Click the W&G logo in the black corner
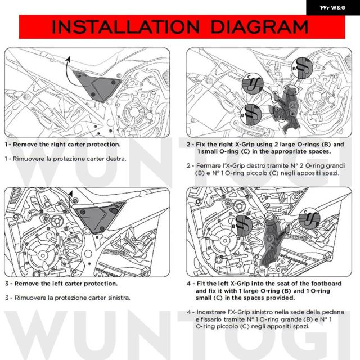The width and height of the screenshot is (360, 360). tap(332, 7)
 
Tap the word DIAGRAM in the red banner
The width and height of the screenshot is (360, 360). tap(259, 27)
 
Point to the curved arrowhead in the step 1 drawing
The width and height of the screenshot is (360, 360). tap(68, 59)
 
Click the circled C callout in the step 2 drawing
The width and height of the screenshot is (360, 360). tap(253, 83)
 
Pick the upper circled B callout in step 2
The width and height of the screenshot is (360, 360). tap(302, 67)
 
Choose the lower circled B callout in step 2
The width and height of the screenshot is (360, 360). tap(251, 114)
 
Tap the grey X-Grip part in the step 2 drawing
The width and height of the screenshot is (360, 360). tap(286, 109)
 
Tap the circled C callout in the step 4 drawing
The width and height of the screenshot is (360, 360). tap(309, 218)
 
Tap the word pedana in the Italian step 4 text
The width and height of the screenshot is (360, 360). tap(333, 312)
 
